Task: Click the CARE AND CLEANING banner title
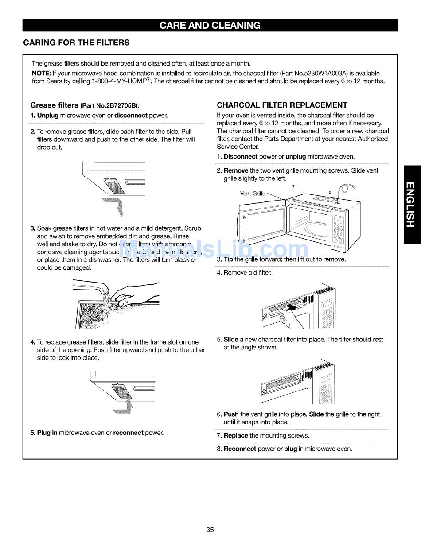210,25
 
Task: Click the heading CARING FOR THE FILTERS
76,43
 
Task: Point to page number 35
210,530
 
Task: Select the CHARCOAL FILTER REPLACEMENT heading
282,105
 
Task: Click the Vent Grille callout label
253,194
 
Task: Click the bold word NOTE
41,73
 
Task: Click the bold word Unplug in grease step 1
48,116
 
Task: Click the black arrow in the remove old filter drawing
291,307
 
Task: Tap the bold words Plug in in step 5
47,433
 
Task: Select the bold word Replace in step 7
236,435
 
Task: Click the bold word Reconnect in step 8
240,449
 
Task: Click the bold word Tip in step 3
228,259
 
